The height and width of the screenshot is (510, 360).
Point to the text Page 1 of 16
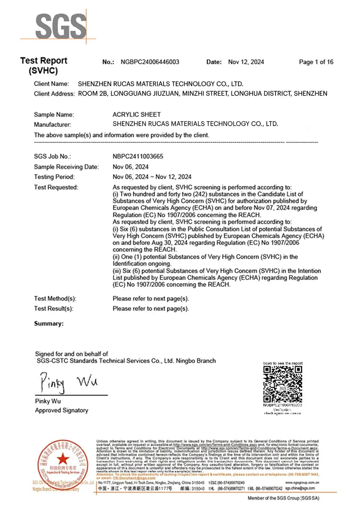(x=316, y=62)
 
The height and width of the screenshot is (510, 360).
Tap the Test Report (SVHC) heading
(x=44, y=66)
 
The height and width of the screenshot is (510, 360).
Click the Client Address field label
(x=54, y=93)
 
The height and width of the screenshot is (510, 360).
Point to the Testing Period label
(x=54, y=177)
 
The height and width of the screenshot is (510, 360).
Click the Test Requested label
(x=56, y=187)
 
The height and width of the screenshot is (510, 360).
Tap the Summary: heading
(x=49, y=324)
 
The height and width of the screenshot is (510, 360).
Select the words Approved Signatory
(x=62, y=411)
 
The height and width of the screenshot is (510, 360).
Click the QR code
(x=282, y=383)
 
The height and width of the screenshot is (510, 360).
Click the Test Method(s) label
(x=55, y=299)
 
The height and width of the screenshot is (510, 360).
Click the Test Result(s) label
(x=54, y=309)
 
